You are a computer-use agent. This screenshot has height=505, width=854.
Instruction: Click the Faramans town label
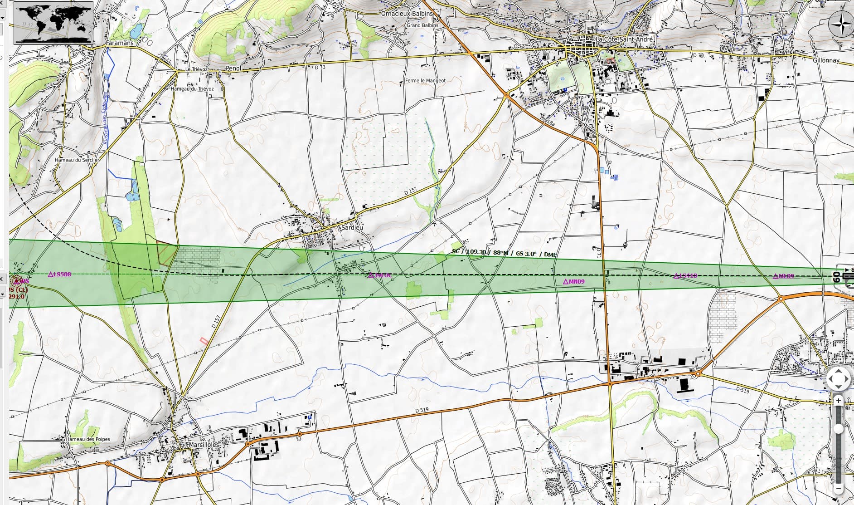(x=120, y=43)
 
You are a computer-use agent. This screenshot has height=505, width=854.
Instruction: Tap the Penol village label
(x=233, y=69)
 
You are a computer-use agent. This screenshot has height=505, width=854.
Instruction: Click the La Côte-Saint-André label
(x=625, y=40)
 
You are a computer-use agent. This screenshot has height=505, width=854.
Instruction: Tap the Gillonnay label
(x=826, y=60)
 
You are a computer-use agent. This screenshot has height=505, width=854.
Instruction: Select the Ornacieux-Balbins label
(x=407, y=14)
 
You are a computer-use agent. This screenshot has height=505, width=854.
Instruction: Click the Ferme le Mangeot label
(x=425, y=81)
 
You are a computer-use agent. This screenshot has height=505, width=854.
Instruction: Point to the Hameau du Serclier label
(x=77, y=160)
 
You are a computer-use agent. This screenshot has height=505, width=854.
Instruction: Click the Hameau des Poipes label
(x=88, y=440)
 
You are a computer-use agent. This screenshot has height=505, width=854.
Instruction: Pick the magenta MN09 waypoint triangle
(x=566, y=282)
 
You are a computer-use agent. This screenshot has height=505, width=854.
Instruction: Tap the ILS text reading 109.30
(x=476, y=252)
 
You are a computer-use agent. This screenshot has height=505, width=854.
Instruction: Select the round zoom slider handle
(x=839, y=429)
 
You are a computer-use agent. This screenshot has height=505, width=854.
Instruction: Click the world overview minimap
(x=53, y=22)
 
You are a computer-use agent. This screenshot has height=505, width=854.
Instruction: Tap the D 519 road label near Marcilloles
(x=422, y=411)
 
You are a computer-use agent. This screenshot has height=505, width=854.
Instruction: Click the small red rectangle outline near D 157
(x=204, y=340)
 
